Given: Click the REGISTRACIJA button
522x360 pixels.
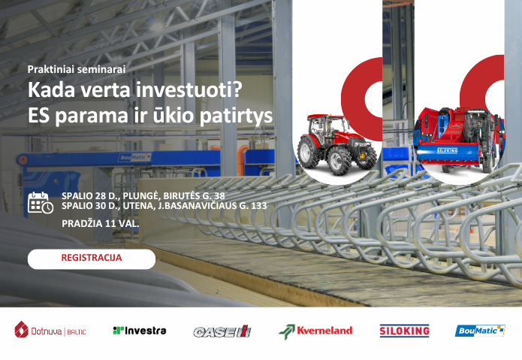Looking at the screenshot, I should (x=92, y=258).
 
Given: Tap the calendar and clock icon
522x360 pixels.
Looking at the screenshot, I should (x=40, y=203).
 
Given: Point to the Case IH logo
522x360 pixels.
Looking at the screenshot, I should (x=222, y=331).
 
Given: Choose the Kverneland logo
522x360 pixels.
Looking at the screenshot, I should (x=315, y=331).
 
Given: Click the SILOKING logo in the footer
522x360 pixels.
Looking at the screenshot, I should (x=404, y=331).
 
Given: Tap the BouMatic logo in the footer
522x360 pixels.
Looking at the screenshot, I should (x=480, y=331).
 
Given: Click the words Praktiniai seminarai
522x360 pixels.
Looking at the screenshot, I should (x=77, y=68).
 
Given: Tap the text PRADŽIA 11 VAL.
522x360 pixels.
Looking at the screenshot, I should (x=100, y=224).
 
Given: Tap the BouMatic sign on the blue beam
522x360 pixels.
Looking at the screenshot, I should (x=136, y=158).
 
